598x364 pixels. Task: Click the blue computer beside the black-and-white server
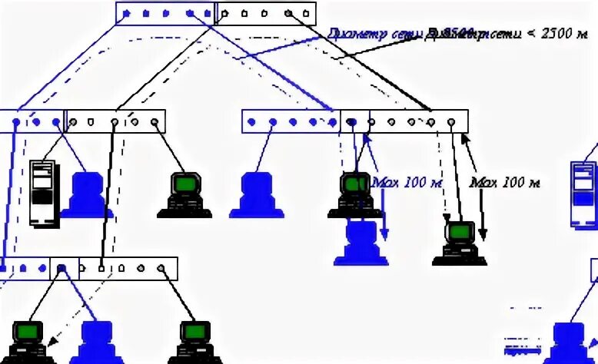coord(87,195)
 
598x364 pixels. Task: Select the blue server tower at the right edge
coord(583,194)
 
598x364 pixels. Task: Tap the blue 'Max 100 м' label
coord(407,183)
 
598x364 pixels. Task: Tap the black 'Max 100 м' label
coord(504,183)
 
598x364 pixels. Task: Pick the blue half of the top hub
coord(167,13)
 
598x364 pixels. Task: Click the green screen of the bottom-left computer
coord(28,332)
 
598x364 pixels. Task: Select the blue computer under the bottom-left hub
coord(98,342)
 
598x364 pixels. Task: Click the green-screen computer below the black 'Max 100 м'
coord(460,243)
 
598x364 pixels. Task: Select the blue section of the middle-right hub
coord(291,121)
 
